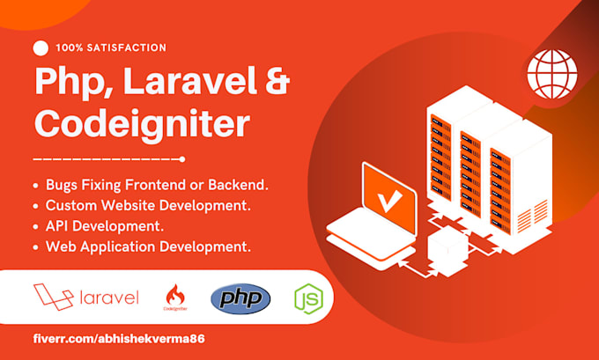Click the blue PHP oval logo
240,298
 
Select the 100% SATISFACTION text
110,48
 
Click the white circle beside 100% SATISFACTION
41,48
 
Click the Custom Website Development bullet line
141,206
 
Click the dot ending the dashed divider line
181,159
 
